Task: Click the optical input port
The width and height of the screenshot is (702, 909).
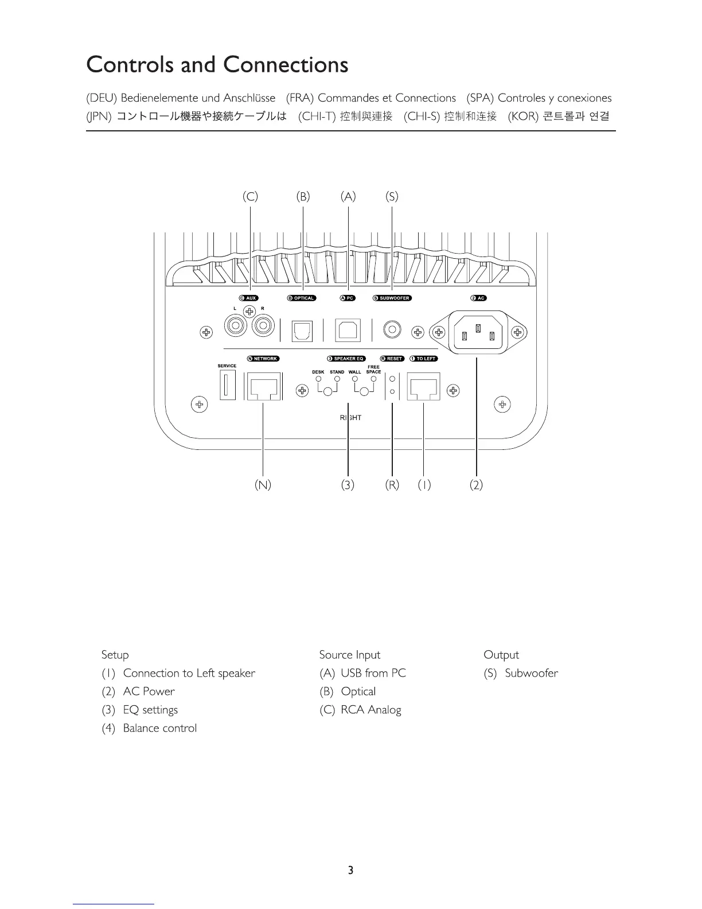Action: tap(302, 331)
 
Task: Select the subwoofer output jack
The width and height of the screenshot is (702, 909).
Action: tap(392, 330)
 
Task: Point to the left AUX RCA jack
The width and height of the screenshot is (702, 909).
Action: tap(235, 327)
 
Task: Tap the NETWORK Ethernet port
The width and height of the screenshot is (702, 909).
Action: tap(263, 387)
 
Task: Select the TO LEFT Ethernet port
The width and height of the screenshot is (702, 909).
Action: tap(423, 387)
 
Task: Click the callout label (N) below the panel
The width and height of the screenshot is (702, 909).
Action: tap(263, 485)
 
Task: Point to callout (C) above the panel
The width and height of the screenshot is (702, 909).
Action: tap(250, 197)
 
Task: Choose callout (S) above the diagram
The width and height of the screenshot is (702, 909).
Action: tap(392, 197)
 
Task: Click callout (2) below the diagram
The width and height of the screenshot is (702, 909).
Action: tap(476, 485)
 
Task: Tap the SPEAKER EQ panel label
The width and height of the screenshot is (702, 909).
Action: tap(346, 359)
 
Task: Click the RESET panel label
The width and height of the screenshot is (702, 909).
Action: tap(392, 359)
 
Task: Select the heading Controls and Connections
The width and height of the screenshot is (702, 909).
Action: tap(217, 64)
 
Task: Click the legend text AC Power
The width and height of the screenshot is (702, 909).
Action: tap(149, 692)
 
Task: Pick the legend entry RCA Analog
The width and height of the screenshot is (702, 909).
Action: tap(370, 710)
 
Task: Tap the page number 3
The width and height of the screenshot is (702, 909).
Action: tap(350, 870)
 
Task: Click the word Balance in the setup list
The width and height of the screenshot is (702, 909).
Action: tap(142, 728)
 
